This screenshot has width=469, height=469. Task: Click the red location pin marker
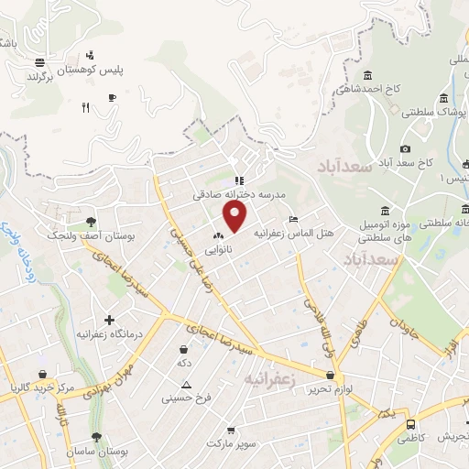pos(236,216)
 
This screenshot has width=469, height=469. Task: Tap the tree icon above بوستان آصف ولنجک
pos(90,222)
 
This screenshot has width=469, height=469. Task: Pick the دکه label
pos(184,363)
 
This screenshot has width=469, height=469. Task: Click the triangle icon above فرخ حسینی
pos(187,385)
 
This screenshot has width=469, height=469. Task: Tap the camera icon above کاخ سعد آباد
pos(405,149)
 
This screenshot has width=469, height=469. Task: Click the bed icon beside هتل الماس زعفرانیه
pos(292,220)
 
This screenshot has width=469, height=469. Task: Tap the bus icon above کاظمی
pos(412,425)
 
